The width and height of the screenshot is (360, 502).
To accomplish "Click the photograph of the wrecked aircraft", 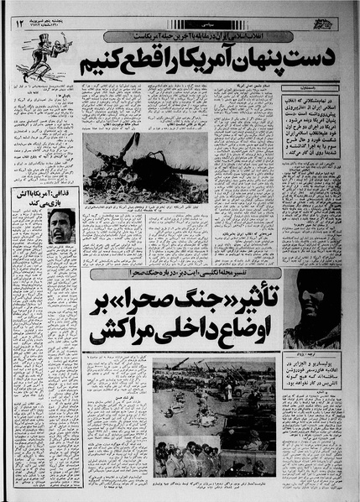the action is pos(145,167).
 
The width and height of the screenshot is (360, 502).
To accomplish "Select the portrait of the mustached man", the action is pos(61,226).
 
